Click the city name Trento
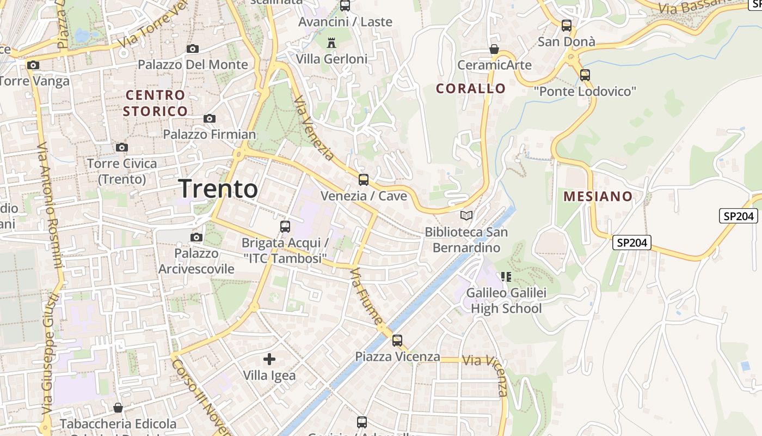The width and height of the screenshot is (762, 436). (x=218, y=189)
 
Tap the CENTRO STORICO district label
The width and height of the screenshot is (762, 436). (x=155, y=103)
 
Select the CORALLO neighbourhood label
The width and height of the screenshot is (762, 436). (x=471, y=88)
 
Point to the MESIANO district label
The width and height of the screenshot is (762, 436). (x=598, y=196)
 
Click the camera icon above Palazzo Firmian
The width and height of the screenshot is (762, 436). (x=210, y=118)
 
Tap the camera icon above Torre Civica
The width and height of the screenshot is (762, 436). (x=122, y=147)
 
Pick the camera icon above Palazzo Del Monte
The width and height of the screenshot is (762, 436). (x=192, y=49)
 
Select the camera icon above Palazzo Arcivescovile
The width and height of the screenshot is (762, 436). (x=196, y=237)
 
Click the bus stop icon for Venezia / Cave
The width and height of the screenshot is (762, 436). (x=363, y=179)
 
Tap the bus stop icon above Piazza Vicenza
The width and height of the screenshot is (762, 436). (x=397, y=341)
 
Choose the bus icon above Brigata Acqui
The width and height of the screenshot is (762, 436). (x=285, y=227)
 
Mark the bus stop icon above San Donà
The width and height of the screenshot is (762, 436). (x=567, y=25)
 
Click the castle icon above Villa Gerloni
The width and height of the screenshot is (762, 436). (x=331, y=43)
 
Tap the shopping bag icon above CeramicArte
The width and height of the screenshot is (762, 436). (x=494, y=49)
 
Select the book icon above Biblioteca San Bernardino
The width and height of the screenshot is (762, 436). (x=466, y=216)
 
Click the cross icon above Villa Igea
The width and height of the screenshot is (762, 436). (x=269, y=359)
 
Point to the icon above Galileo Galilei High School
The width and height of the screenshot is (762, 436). (x=507, y=277)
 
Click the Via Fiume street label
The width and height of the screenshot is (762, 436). (x=367, y=297)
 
